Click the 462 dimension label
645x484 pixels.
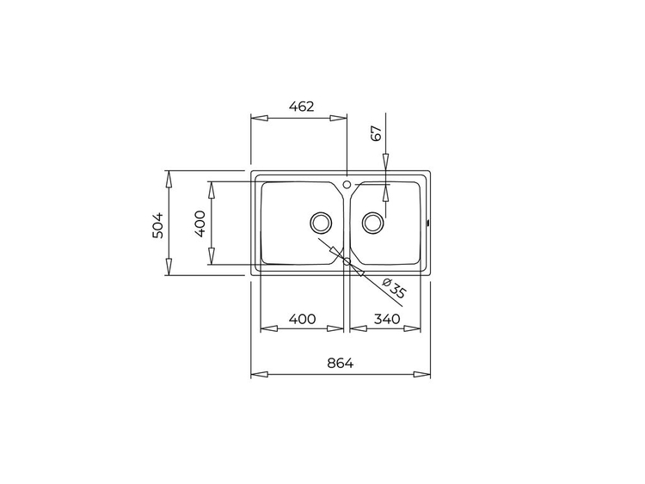tap(302, 107)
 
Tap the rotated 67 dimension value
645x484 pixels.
tap(377, 133)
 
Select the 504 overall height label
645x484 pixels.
tap(158, 225)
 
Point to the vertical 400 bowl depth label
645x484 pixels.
tap(200, 224)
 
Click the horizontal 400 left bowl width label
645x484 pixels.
tap(303, 319)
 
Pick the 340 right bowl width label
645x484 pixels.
tap(387, 319)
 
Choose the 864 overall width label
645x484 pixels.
tap(341, 364)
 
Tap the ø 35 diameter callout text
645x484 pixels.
tap(394, 288)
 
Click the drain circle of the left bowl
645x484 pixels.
tap(321, 223)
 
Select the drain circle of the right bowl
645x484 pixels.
tap(373, 223)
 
